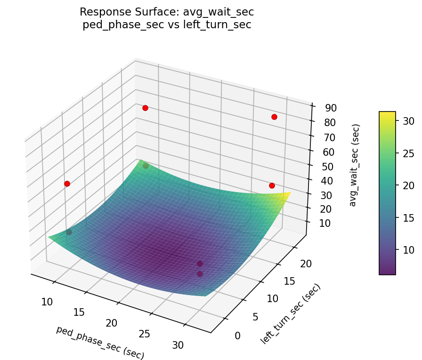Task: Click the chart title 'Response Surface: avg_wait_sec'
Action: [167, 12]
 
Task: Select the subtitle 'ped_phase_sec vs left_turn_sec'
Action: [167, 25]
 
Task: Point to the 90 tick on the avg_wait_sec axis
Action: [330, 108]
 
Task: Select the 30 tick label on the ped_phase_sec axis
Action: [178, 345]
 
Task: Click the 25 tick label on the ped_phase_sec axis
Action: [145, 334]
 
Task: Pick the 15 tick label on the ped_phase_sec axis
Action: [79, 312]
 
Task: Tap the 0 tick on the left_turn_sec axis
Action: [237, 336]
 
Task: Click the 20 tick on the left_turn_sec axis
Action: [306, 264]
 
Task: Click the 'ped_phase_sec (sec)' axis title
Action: [100, 343]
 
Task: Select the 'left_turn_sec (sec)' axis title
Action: [290, 313]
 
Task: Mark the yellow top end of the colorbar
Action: [387, 114]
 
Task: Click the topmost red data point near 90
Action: [145, 108]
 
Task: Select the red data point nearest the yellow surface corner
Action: [272, 185]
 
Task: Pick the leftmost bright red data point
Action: [67, 184]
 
